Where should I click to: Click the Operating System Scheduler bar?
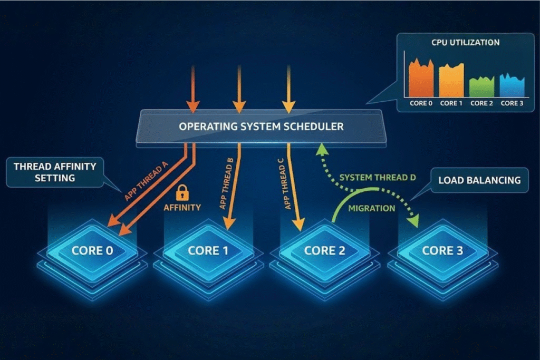[261, 127]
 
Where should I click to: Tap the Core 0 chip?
[92, 250]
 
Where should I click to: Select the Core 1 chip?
[208, 250]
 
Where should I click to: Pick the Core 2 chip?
[324, 250]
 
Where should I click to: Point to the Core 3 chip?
[442, 250]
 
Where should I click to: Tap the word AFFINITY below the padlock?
[182, 208]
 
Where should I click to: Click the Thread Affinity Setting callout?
[55, 172]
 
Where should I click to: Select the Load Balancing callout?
[479, 180]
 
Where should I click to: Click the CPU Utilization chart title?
[465, 42]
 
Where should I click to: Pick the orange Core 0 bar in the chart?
[421, 79]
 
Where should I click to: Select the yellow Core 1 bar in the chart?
[451, 81]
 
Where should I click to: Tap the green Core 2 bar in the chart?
[481, 87]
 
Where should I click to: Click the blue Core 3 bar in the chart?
[512, 86]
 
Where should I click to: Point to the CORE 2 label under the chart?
[481, 103]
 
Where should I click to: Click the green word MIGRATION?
[372, 208]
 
